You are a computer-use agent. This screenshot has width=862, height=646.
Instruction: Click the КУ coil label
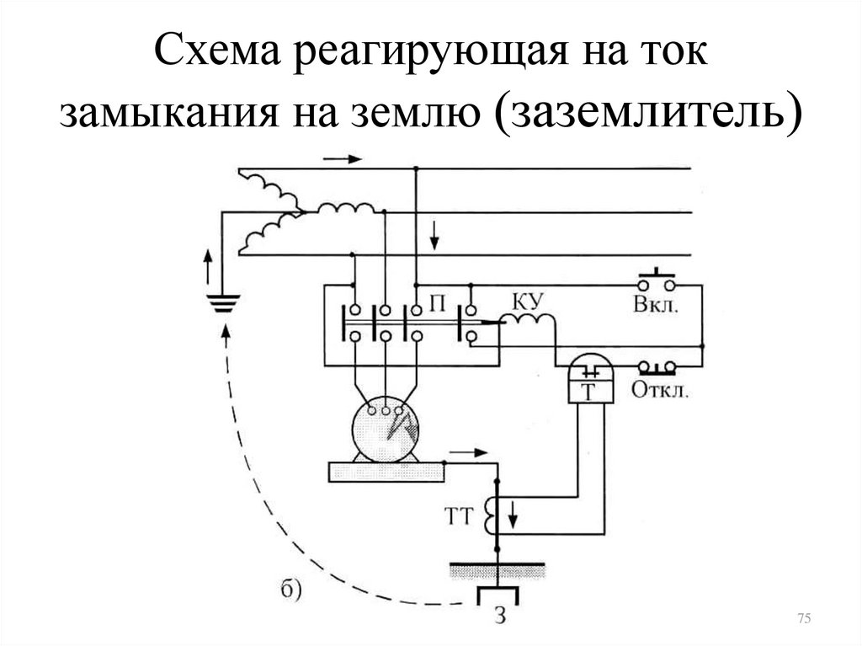pyautogui.click(x=529, y=302)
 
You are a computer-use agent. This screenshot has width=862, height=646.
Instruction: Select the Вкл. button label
pyautogui.click(x=655, y=305)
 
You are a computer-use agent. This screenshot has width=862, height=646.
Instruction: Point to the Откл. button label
pyautogui.click(x=660, y=390)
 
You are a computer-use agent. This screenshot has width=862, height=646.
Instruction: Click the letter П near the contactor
pyautogui.click(x=437, y=303)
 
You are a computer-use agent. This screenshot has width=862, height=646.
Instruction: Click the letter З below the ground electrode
pyautogui.click(x=500, y=615)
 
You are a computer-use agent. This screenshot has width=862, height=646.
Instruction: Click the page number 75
pyautogui.click(x=804, y=618)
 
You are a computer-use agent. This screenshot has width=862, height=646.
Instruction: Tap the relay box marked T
pyautogui.click(x=589, y=379)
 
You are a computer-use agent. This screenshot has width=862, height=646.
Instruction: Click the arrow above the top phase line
pyautogui.click(x=343, y=159)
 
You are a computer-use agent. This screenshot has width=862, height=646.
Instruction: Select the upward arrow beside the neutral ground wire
pyautogui.click(x=208, y=266)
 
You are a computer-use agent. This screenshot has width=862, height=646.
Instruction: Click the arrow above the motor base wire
pyautogui.click(x=469, y=453)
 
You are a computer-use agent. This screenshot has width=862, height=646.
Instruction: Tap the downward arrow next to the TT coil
pyautogui.click(x=513, y=514)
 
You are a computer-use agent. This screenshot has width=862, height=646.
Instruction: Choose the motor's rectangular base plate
pyautogui.click(x=386, y=472)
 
